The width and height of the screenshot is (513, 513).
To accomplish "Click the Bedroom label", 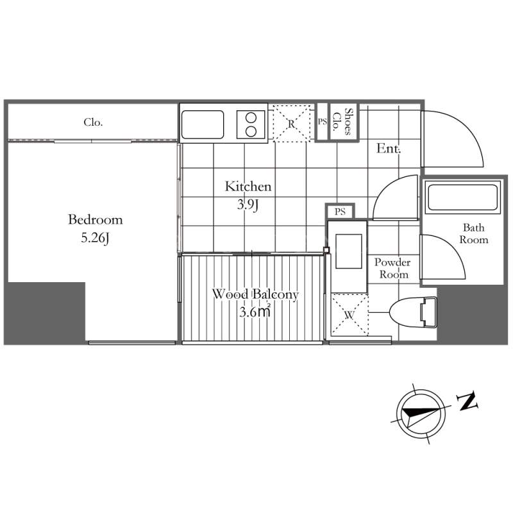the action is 95,219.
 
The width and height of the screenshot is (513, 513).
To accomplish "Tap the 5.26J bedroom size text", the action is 95,238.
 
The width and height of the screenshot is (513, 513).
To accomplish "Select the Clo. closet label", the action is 93,122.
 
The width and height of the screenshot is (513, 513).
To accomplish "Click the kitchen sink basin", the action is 203,124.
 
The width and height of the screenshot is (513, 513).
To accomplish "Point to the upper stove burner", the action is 251,118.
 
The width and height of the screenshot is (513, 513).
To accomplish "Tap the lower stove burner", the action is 251,131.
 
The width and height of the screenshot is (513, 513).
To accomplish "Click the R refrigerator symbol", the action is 292,123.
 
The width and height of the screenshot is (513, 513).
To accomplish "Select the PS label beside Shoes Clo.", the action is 323,122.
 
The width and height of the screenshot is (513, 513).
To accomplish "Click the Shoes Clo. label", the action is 342,122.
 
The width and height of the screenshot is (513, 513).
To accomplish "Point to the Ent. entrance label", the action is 389,149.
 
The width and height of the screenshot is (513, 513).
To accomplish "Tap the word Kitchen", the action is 248,187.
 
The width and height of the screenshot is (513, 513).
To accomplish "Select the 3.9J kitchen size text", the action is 248,205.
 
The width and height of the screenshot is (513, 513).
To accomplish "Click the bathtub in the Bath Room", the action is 462,198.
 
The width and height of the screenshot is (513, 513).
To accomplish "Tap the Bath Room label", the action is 474,233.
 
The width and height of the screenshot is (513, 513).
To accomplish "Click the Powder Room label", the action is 392,268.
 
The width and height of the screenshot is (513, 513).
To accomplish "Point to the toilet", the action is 413,312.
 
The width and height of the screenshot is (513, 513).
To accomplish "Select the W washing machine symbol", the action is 349,315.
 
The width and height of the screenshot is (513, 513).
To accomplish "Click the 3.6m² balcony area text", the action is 255,311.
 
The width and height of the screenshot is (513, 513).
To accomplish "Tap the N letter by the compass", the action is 467,401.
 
